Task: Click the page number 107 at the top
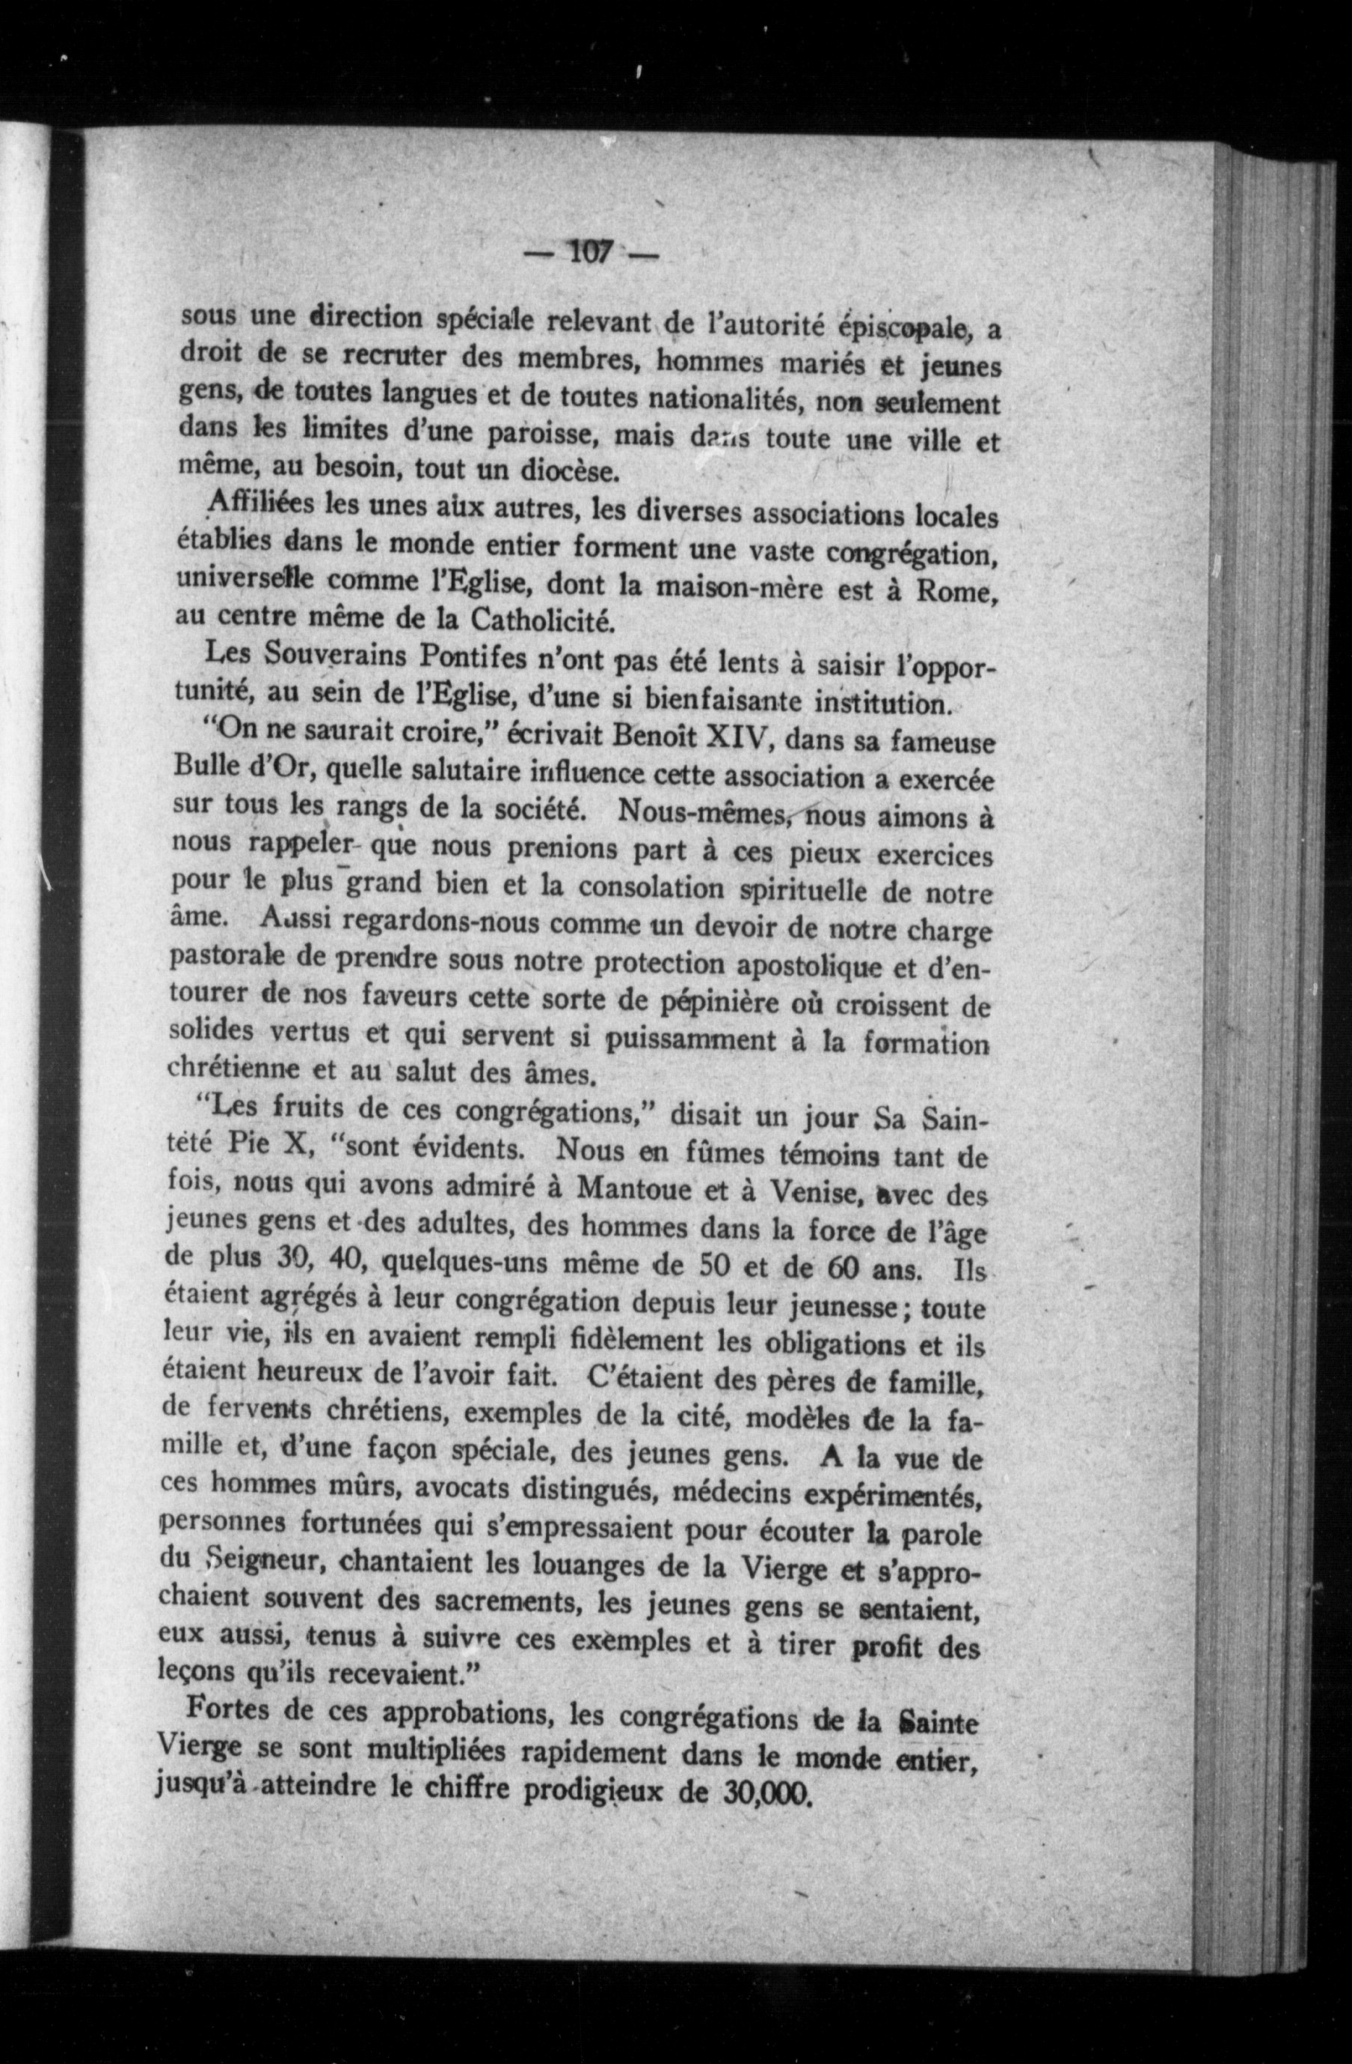coord(591,254)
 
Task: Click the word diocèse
coord(570,472)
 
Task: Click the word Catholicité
coord(543,620)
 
